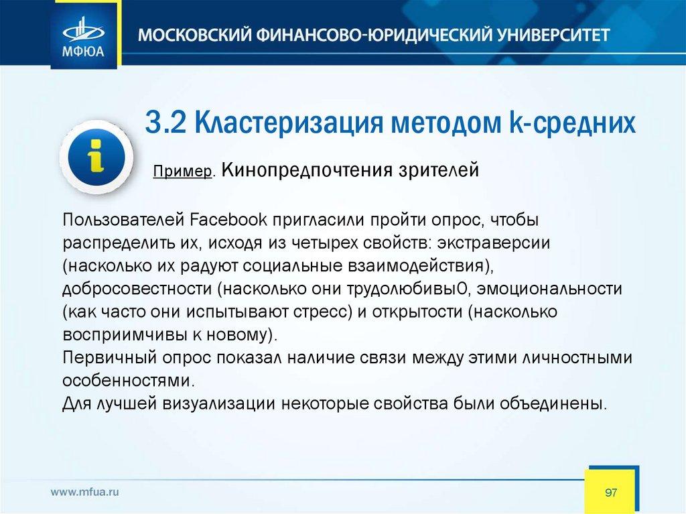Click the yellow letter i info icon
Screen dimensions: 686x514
96,157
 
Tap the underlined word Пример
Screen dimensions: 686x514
182,171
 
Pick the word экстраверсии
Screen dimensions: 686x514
493,243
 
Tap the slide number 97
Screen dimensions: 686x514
611,493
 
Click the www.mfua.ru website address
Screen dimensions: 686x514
84,492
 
